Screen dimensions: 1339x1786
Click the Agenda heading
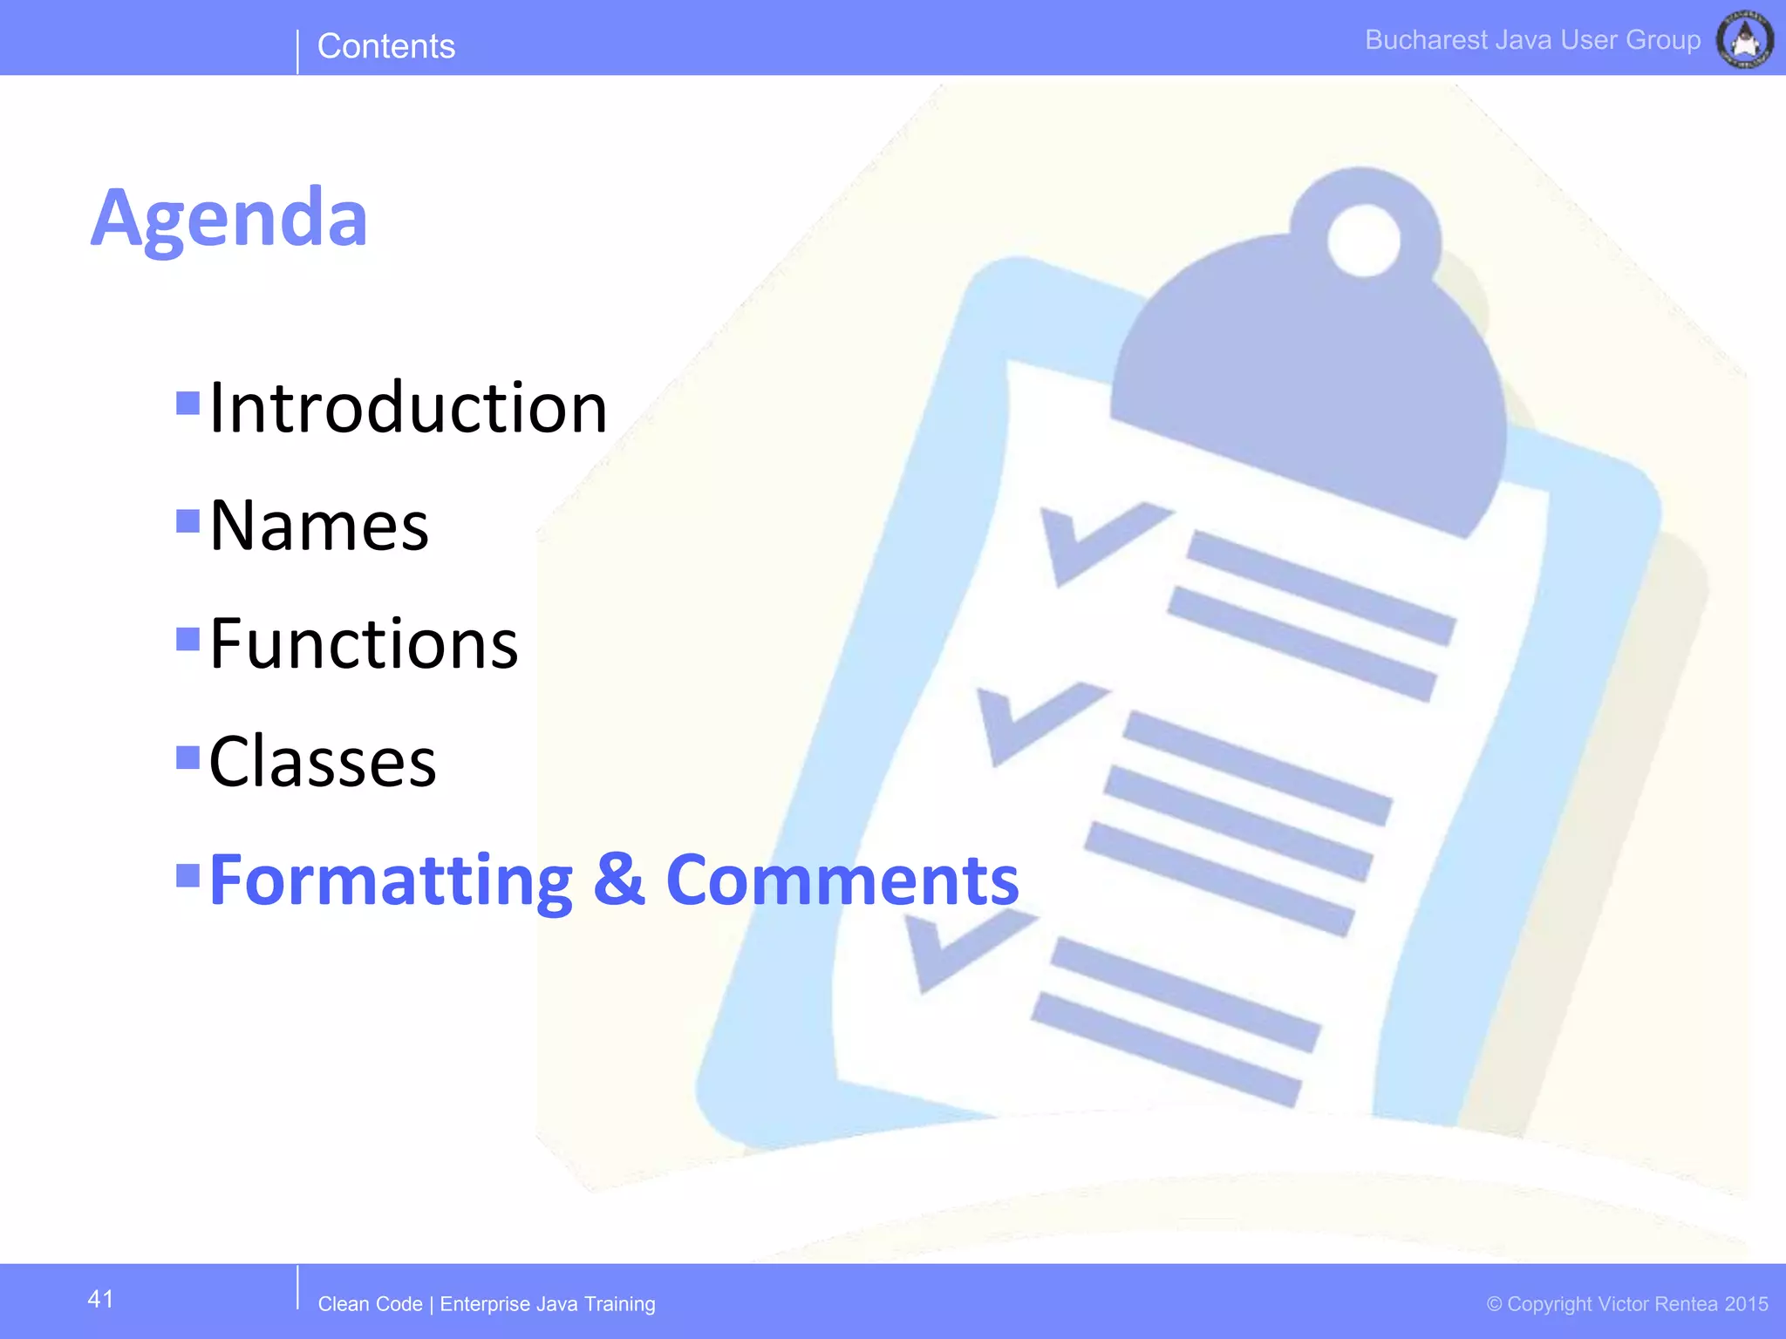click(x=229, y=218)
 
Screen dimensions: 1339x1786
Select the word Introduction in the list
click(x=408, y=407)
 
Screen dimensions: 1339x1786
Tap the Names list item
click(x=319, y=526)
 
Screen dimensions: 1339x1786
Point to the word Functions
click(x=364, y=643)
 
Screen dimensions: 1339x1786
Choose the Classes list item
click(x=323, y=761)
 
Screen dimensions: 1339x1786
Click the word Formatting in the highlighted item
click(x=391, y=880)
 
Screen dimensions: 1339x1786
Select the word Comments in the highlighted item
click(x=842, y=880)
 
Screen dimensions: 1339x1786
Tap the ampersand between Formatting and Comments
click(x=618, y=880)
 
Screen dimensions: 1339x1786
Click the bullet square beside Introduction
click(x=187, y=403)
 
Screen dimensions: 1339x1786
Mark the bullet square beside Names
click(x=187, y=520)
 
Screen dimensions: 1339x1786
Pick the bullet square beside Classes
click(x=187, y=757)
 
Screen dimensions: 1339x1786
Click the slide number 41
click(x=100, y=1299)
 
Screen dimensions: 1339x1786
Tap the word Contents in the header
click(x=386, y=46)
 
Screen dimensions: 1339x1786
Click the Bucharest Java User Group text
click(x=1532, y=40)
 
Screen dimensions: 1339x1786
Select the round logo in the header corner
click(x=1744, y=39)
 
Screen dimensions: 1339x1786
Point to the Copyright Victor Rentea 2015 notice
click(x=1627, y=1304)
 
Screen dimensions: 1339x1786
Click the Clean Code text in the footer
click(x=370, y=1304)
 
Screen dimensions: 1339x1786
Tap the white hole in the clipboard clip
click(x=1363, y=240)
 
